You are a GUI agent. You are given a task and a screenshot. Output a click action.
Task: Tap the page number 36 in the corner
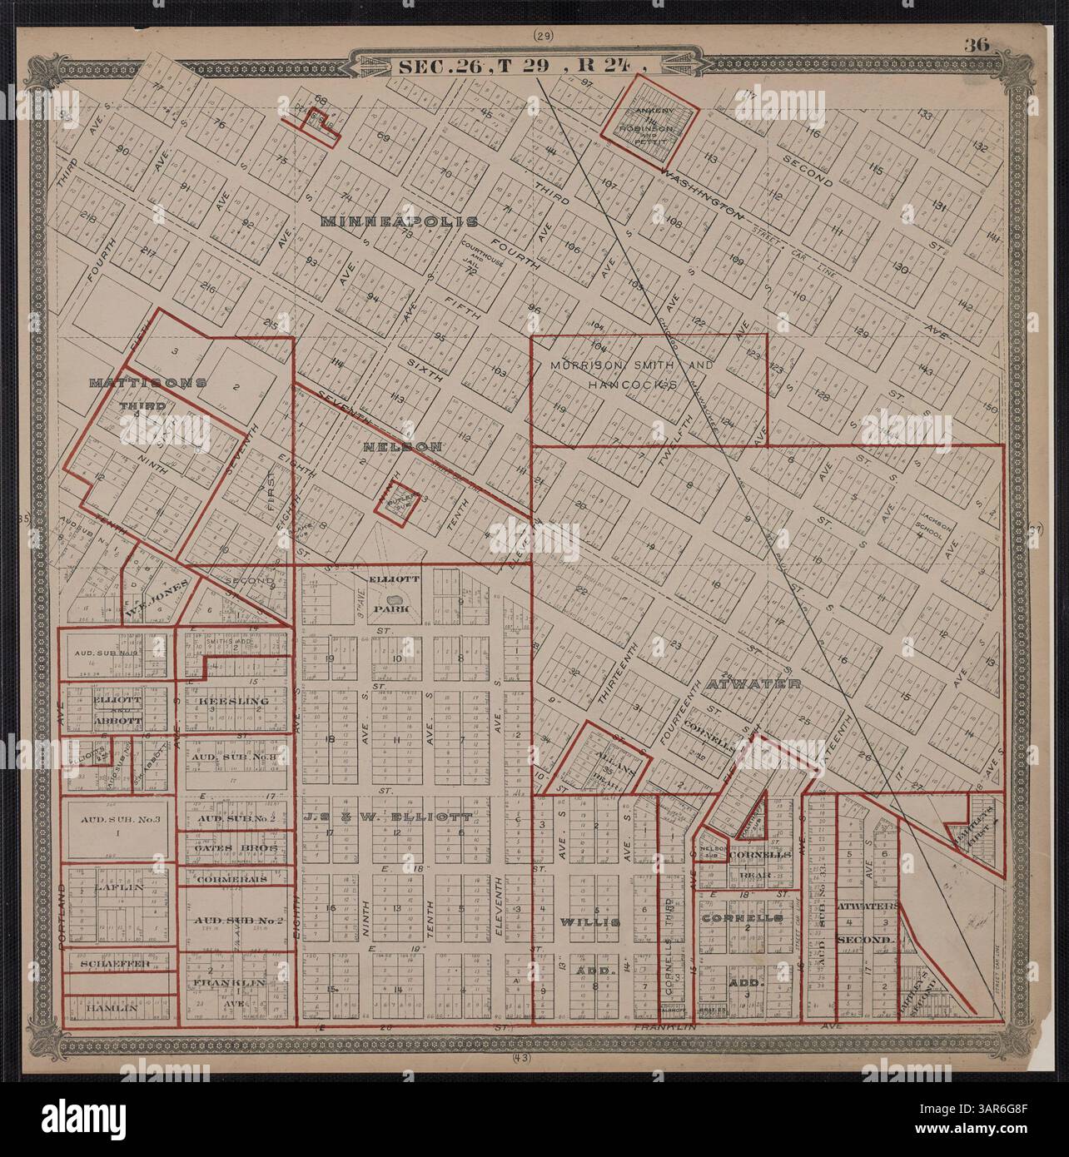977,46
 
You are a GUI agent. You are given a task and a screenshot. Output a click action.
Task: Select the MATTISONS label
147,383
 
